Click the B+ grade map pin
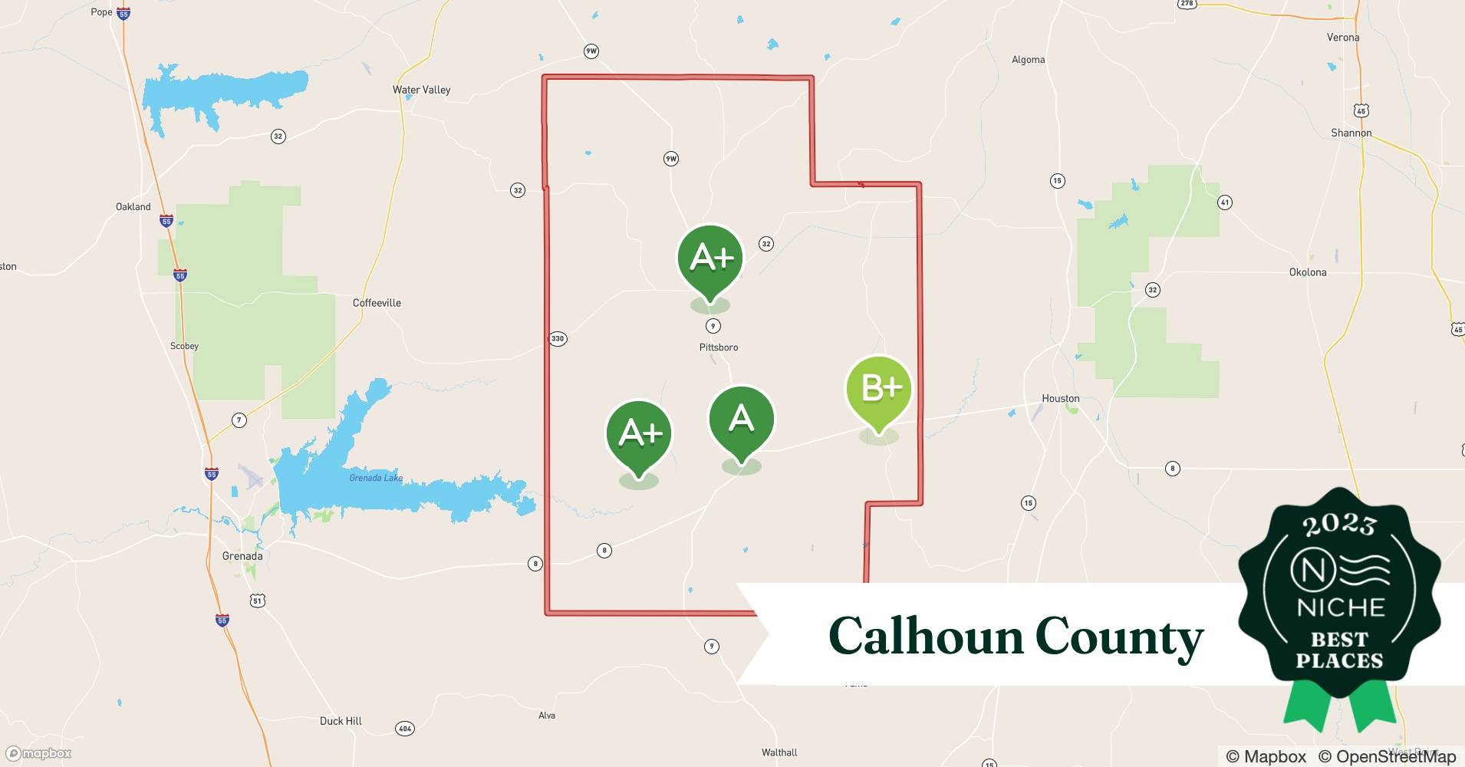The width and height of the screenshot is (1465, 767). (879, 389)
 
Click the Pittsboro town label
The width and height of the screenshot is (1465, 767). (719, 347)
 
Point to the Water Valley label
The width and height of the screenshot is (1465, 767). (421, 90)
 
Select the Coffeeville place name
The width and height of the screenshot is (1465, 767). (377, 303)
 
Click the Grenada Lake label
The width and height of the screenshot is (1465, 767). (376, 478)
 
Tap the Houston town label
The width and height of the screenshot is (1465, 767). (1060, 398)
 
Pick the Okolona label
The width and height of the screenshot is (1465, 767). (1307, 272)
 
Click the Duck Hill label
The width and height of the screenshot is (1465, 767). (341, 721)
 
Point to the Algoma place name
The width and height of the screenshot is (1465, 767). (1028, 60)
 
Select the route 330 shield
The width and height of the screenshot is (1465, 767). (558, 338)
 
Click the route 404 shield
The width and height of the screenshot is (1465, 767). (404, 728)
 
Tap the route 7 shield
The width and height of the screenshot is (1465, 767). (239, 420)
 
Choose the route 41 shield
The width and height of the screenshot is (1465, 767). (1224, 202)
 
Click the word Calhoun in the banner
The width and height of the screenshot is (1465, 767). (926, 637)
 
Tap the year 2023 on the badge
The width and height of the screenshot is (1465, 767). (1339, 525)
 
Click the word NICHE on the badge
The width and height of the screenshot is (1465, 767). (1340, 607)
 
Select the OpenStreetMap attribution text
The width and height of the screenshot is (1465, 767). (1387, 756)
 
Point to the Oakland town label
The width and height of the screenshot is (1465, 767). (133, 207)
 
